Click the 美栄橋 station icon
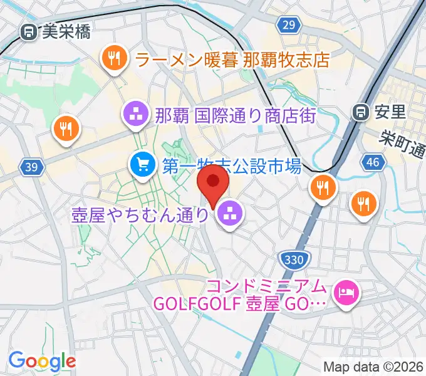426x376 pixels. point(28,32)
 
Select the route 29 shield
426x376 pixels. point(288,25)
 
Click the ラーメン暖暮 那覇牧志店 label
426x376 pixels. point(232,60)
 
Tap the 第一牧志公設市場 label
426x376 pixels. point(232,166)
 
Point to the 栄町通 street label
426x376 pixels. point(405,146)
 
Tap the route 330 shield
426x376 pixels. point(294,259)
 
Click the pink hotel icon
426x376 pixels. point(345,293)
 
